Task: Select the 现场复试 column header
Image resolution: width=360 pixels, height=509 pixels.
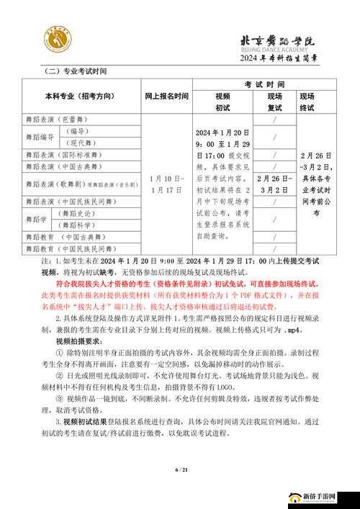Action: coord(275,102)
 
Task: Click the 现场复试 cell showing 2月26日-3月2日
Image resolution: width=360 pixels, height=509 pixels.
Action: coord(275,184)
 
